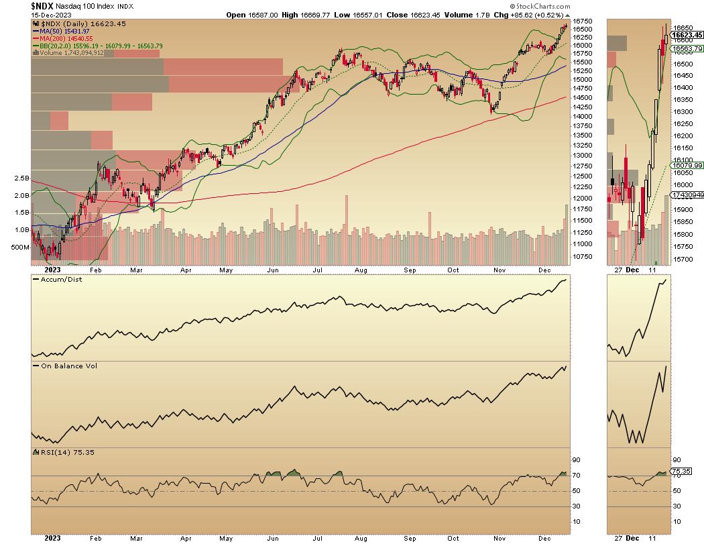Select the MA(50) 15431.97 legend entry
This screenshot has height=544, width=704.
click(66, 32)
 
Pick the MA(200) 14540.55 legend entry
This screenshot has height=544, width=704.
click(67, 39)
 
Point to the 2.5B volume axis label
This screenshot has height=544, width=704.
click(20, 178)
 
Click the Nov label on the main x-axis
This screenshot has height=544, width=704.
click(499, 270)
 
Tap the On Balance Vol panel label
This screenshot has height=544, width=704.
click(64, 366)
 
